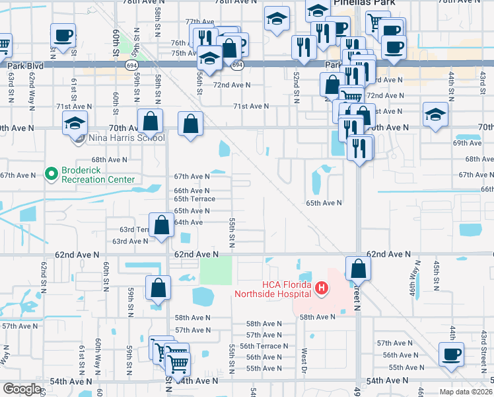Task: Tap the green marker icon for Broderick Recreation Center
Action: (51, 174)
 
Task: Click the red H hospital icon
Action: (322, 288)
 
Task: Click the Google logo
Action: (22, 389)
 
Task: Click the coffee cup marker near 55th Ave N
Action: (451, 354)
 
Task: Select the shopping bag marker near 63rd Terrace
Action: (162, 226)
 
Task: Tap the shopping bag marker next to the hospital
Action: (358, 269)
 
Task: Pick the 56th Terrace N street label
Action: (264, 346)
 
